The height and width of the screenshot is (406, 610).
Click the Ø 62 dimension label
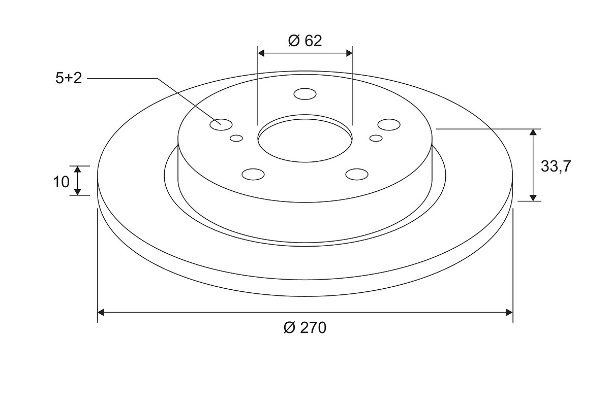pyautogui.click(x=304, y=41)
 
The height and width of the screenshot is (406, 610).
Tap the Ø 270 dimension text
pyautogui.click(x=304, y=328)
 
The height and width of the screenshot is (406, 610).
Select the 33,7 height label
pyautogui.click(x=556, y=166)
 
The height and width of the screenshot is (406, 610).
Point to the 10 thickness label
pyautogui.click(x=62, y=182)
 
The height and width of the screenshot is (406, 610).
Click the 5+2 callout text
pyautogui.click(x=69, y=78)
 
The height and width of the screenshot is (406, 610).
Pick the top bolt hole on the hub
pyautogui.click(x=305, y=94)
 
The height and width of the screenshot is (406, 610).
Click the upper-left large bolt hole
pyautogui.click(x=221, y=124)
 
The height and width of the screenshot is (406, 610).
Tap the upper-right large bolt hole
pyautogui.click(x=389, y=124)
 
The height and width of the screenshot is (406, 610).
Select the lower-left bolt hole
pyautogui.click(x=253, y=174)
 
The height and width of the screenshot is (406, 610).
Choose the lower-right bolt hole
pyautogui.click(x=357, y=174)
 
